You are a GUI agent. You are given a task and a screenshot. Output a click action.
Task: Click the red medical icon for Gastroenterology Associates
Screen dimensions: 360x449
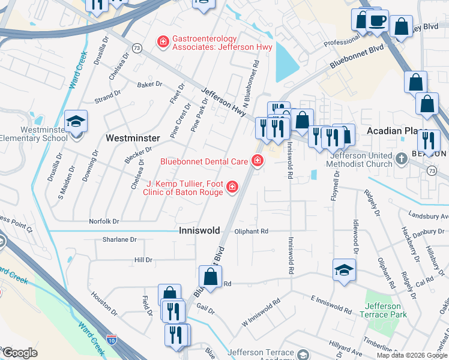(162, 41)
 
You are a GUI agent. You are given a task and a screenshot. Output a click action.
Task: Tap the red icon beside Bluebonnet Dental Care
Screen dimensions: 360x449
(258, 161)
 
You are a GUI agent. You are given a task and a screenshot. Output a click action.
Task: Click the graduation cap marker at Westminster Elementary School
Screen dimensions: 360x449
(76, 123)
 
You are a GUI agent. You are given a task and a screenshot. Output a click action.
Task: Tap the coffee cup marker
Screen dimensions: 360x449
(376, 22)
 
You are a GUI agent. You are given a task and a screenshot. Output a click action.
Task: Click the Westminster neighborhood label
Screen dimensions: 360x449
(133, 138)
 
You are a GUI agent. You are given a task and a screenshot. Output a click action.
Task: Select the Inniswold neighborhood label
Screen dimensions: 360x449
(199, 230)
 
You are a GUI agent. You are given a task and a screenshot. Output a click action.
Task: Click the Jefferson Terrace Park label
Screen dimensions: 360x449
(383, 310)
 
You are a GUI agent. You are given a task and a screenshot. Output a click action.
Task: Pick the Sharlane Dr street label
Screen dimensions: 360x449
(120, 239)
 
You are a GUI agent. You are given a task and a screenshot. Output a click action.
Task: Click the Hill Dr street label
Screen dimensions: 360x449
(143, 260)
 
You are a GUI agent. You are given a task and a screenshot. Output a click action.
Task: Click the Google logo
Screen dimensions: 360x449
(20, 353)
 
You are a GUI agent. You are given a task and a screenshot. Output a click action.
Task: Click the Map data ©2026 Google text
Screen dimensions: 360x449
(412, 355)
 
